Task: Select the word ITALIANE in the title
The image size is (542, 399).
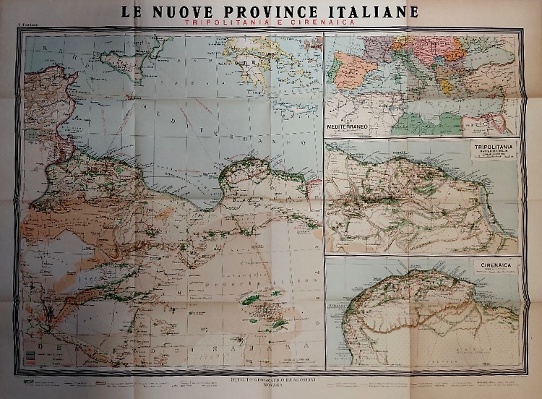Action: (x=375, y=12)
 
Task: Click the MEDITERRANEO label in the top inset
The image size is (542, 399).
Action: (x=350, y=126)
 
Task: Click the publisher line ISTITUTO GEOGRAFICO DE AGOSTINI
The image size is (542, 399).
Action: (x=271, y=379)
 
